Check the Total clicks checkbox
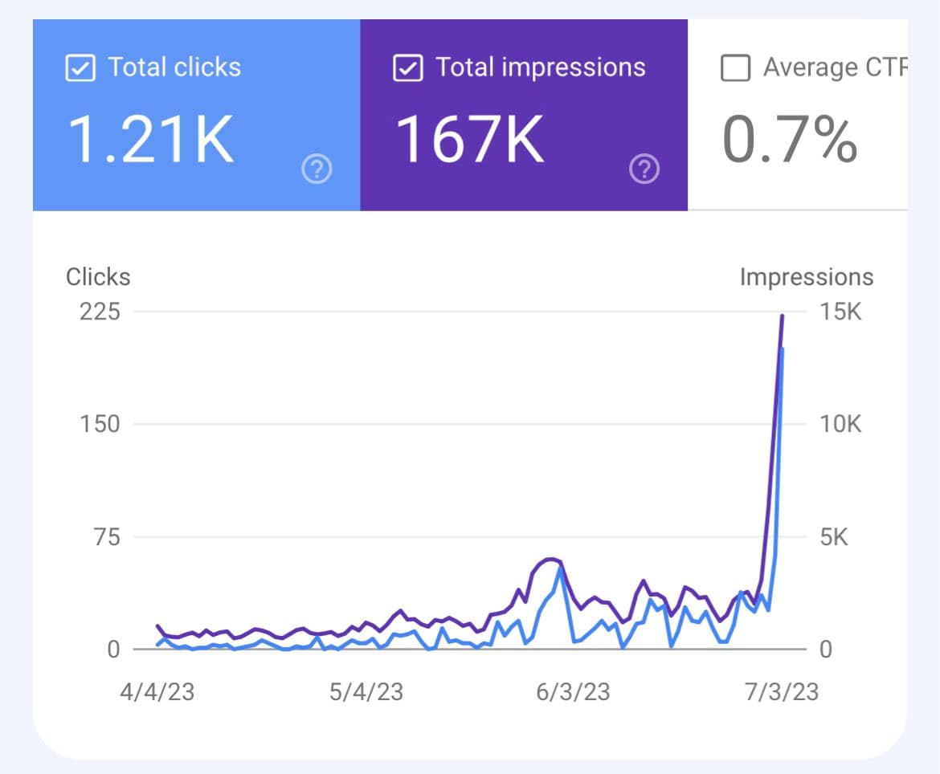(x=80, y=67)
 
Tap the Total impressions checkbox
(x=407, y=67)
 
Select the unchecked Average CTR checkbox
(x=735, y=68)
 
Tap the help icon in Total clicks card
(x=317, y=169)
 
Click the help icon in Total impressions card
(x=644, y=169)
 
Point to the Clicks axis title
(x=98, y=277)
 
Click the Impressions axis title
(x=806, y=277)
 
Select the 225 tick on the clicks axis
(x=100, y=312)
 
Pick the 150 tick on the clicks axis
(x=100, y=424)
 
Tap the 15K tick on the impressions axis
(x=840, y=312)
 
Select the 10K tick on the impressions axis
(x=840, y=424)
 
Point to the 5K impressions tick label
(x=834, y=536)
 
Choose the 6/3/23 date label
(x=574, y=691)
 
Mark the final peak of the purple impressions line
(x=783, y=316)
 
